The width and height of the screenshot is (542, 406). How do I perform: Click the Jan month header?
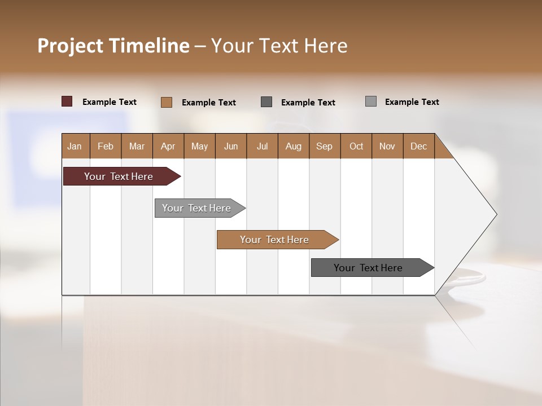(x=75, y=146)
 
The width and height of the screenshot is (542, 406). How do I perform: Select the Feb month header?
(x=106, y=146)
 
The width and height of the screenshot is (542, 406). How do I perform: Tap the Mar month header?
(x=137, y=146)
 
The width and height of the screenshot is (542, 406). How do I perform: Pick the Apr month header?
(x=168, y=146)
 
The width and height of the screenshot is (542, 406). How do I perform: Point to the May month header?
(x=199, y=146)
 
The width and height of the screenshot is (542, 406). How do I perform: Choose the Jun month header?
(x=231, y=146)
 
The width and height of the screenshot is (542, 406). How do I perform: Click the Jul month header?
(x=262, y=146)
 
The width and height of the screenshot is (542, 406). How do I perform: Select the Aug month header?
(x=294, y=146)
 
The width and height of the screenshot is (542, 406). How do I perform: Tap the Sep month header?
(x=325, y=146)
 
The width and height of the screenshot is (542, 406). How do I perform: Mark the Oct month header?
(x=356, y=146)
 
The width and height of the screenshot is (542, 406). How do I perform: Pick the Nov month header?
(x=387, y=146)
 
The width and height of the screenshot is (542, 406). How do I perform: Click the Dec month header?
(x=419, y=146)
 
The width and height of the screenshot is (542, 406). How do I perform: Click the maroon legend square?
(x=67, y=101)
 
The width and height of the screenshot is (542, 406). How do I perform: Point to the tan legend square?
(x=167, y=102)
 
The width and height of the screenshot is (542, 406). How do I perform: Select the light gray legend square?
(x=371, y=101)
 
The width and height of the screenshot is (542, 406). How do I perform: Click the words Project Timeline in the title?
(x=113, y=46)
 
